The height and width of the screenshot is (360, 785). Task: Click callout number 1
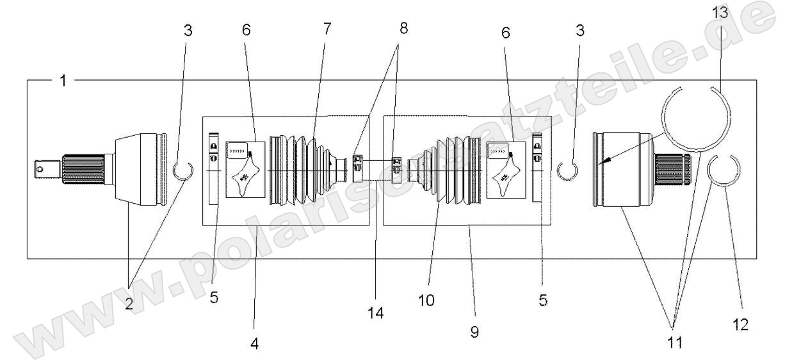tap(62, 81)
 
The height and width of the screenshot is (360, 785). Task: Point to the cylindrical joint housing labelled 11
tap(622, 170)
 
